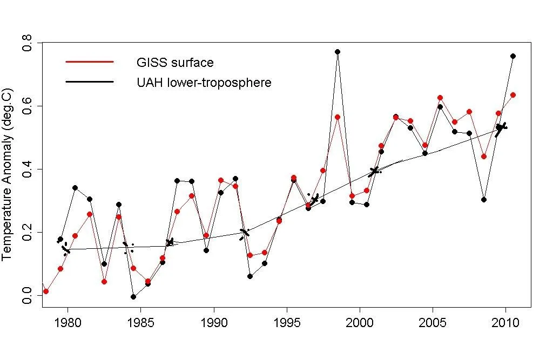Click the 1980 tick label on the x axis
pos(68,323)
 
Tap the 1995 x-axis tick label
pos(287,323)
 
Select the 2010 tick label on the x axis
pos(505,323)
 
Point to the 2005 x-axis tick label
pos(433,323)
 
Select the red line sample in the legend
pos(89,62)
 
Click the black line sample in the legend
pos(89,82)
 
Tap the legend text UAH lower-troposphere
pos(204,83)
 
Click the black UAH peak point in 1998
pos(338,52)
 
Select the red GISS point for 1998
pos(338,117)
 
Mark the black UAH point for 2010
pos(513,56)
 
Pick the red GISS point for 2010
pos(513,95)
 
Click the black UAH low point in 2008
pos(484,200)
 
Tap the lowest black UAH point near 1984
pos(133,297)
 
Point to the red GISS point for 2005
pos(440,98)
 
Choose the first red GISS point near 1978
pos(46,291)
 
